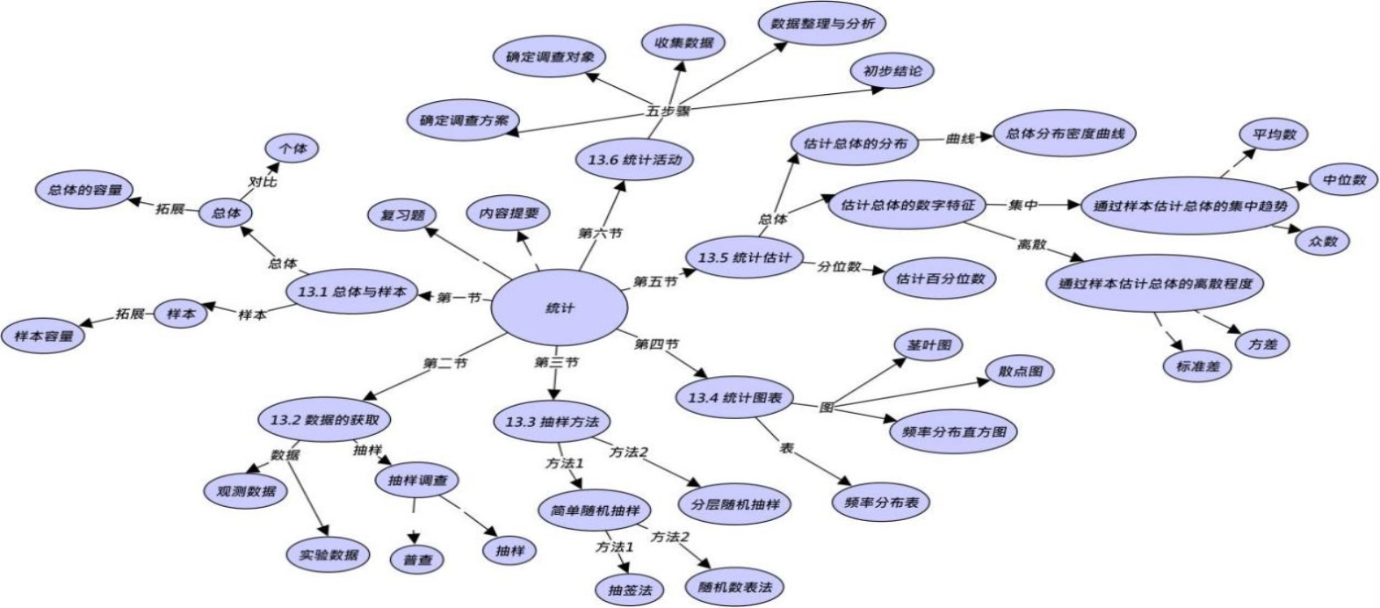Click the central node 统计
click(559, 308)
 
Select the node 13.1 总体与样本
click(351, 291)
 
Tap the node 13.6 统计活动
click(634, 159)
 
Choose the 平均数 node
click(1274, 134)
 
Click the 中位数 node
click(1344, 180)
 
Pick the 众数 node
click(1322, 241)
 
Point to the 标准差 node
click(1197, 366)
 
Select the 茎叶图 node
click(928, 345)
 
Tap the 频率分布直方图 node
click(954, 431)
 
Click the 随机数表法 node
click(734, 586)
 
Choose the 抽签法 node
click(630, 590)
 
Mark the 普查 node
click(417, 560)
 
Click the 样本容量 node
click(44, 336)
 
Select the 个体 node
click(293, 148)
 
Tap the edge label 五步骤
click(668, 112)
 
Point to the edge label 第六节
click(600, 233)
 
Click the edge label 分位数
click(839, 266)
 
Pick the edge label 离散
click(1031, 244)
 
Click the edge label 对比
click(262, 182)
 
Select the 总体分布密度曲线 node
click(1065, 134)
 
